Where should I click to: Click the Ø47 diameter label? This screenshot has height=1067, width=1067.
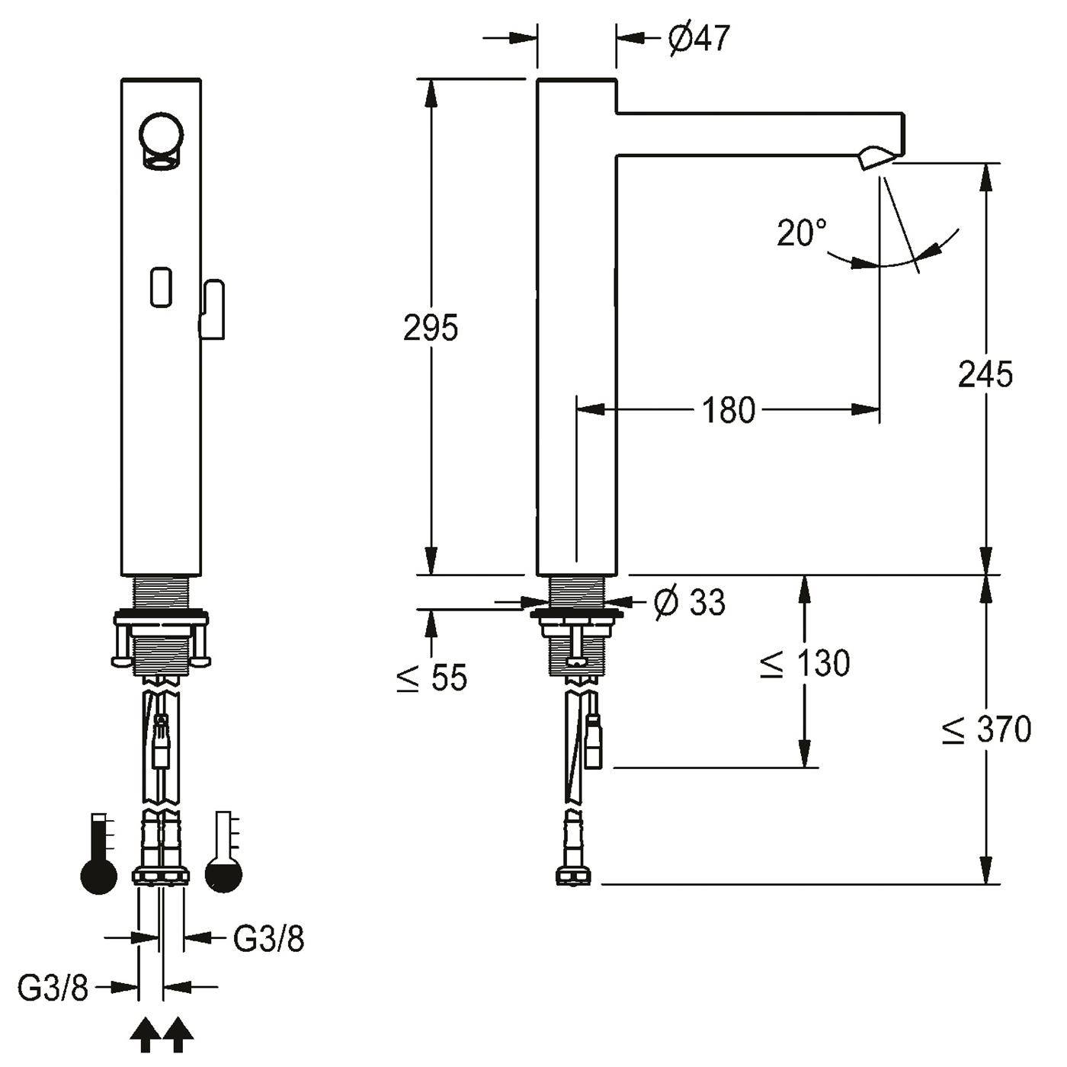click(699, 38)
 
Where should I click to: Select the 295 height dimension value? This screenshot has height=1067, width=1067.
click(431, 328)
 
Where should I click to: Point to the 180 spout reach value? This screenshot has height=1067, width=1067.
click(729, 410)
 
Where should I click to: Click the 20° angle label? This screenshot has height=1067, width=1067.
click(801, 232)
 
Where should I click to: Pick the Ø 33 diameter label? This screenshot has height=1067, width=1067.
click(690, 602)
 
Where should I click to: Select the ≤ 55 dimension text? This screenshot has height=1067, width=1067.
click(432, 677)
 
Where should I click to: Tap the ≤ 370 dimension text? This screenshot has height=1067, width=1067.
click(987, 729)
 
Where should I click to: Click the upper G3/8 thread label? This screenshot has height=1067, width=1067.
click(268, 938)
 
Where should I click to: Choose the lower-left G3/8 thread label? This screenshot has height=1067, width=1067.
click(53, 988)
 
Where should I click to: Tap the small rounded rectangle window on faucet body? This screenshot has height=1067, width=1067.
click(161, 287)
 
